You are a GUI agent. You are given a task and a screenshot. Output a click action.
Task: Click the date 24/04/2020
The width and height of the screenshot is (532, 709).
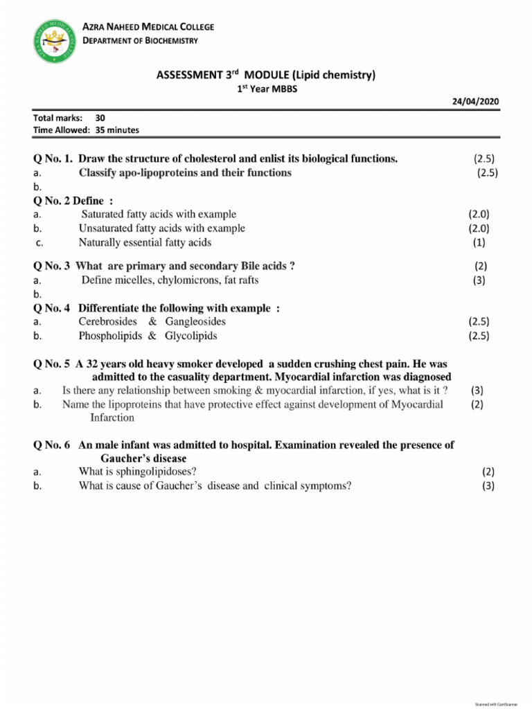point(475,101)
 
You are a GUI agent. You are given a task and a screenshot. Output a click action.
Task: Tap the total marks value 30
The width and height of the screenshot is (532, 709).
point(100,118)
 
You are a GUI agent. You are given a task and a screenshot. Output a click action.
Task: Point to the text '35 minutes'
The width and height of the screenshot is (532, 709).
point(117,129)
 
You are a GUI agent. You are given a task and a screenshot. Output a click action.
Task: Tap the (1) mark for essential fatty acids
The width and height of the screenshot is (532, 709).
point(479,242)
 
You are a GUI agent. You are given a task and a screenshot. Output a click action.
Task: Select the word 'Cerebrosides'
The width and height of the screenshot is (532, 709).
point(108,322)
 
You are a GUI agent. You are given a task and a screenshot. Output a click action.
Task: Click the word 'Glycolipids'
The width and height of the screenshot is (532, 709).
point(190,336)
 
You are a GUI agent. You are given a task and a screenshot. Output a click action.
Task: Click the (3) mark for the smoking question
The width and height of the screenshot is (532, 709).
point(477,391)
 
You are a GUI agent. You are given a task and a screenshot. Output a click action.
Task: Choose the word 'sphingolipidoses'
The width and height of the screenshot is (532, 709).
point(159,472)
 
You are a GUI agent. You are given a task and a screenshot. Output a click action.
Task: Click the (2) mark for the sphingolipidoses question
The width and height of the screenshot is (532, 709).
point(488,472)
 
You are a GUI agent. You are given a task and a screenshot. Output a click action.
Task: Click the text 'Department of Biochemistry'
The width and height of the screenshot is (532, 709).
point(141,40)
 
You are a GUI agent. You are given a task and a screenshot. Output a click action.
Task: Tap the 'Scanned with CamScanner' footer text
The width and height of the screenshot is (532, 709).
point(496,703)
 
